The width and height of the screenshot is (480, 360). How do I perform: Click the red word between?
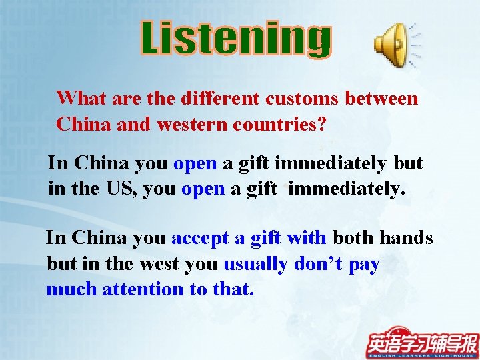tap(382, 99)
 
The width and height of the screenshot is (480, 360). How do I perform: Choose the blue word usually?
tap(255, 264)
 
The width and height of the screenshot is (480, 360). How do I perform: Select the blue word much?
tap(71, 289)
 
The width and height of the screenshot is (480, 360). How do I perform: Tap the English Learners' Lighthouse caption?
tap(422, 354)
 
